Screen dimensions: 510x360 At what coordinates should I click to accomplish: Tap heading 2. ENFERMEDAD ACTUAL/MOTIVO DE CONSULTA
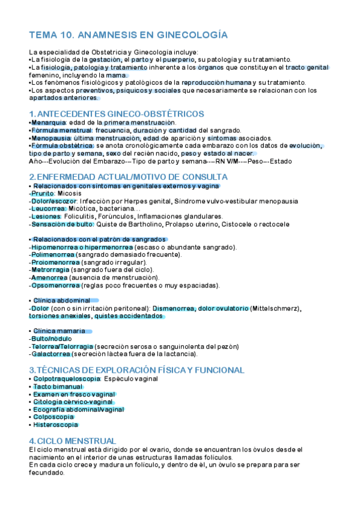[128, 177]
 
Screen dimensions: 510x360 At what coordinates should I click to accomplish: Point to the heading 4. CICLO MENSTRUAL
[73, 441]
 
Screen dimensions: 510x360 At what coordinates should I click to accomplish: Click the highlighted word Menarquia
[49, 123]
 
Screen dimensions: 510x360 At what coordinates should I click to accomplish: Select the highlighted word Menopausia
[50, 138]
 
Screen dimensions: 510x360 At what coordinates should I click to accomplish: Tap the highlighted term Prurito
[43, 194]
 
